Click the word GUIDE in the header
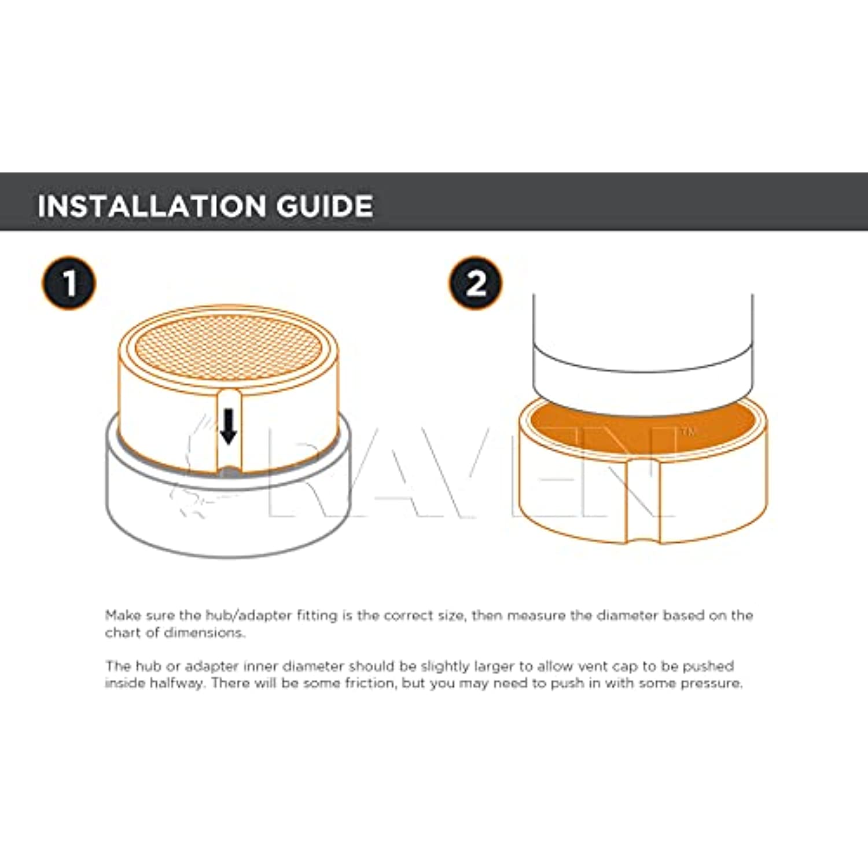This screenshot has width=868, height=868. [x=325, y=206]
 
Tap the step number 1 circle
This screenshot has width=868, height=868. [x=69, y=283]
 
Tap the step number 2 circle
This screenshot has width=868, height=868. [x=476, y=283]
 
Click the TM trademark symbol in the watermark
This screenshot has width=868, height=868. [x=687, y=432]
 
